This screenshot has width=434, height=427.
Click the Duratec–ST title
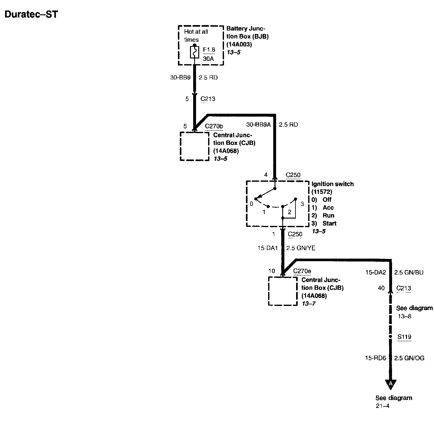(31, 14)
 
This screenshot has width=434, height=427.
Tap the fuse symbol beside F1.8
(194, 52)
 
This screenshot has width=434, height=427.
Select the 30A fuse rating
(208, 59)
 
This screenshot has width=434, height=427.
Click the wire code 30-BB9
(180, 78)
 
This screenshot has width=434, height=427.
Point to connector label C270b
(214, 126)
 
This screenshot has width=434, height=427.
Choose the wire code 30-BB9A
(258, 125)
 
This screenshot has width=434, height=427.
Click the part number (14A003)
(239, 44)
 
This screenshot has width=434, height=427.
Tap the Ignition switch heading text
(332, 184)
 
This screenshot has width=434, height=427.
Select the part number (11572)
(322, 192)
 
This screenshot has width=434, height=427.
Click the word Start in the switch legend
(329, 223)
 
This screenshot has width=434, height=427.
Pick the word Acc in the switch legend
(328, 207)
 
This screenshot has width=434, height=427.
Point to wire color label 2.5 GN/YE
(301, 248)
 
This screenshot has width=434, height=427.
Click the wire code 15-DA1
(268, 248)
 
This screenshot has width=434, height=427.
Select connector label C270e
(302, 271)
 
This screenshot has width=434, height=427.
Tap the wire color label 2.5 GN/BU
(409, 272)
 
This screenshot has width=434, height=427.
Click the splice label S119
(404, 337)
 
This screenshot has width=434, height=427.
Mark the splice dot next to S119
(390, 336)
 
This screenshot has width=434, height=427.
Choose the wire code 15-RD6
(376, 358)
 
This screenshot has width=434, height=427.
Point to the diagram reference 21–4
(383, 406)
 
